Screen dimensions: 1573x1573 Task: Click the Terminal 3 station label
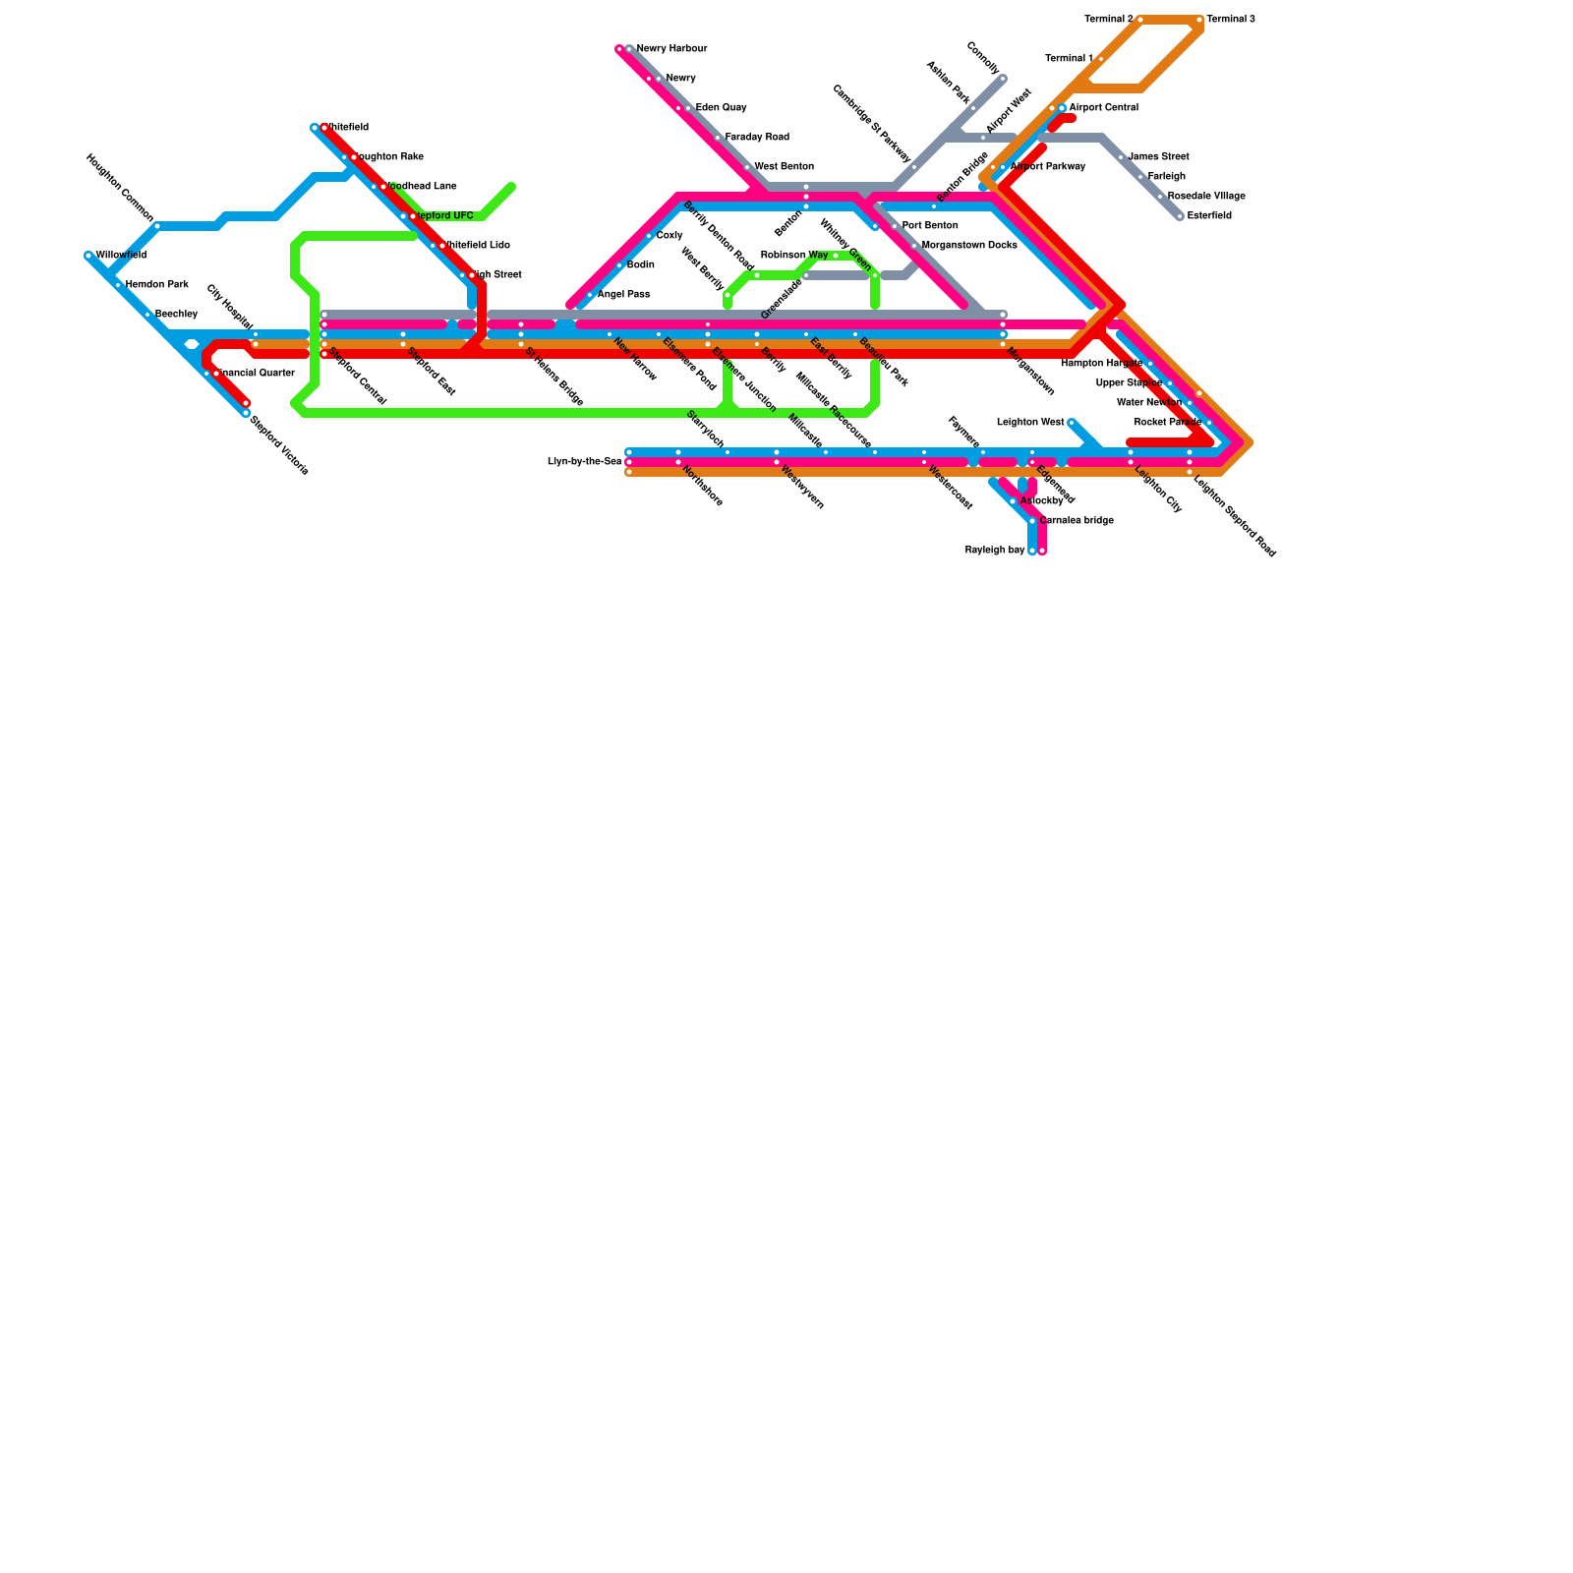coord(1231,20)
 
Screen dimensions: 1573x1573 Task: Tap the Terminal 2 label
coord(1108,20)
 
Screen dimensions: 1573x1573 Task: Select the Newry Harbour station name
coord(671,49)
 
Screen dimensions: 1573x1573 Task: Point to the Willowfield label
coord(121,256)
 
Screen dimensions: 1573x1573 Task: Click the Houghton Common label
coord(119,188)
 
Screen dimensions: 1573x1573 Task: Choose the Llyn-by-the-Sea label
coord(584,462)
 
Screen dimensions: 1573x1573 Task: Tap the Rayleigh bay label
coord(994,551)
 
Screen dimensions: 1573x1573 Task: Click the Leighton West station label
coord(1029,423)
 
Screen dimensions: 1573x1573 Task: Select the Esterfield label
coord(1209,216)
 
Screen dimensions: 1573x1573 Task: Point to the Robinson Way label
coord(793,256)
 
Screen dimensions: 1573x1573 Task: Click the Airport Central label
coord(1103,108)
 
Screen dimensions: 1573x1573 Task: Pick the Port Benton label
coord(929,226)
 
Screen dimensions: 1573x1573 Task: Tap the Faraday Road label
coord(757,138)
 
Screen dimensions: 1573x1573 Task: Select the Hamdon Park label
coord(156,285)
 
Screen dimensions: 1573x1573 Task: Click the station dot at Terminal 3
coord(1199,20)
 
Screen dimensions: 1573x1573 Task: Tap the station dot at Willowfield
coord(88,256)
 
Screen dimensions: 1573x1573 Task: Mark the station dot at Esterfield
coord(1180,216)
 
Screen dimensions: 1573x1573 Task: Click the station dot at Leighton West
coord(1072,423)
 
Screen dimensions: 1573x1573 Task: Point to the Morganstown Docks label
coord(968,246)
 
